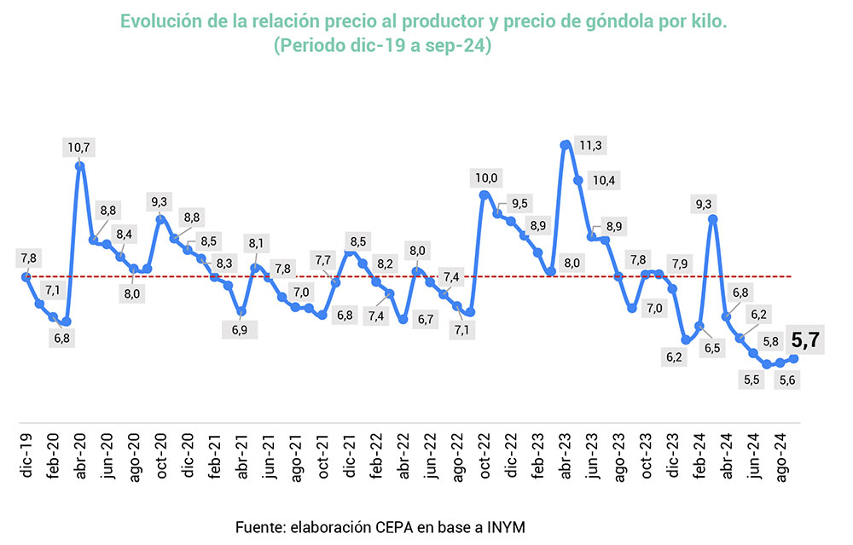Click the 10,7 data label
point(79,148)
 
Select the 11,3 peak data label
point(589,146)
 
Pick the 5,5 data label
point(751,380)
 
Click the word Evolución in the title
point(160,21)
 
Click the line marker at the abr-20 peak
point(79,165)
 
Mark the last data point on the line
point(794,359)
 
